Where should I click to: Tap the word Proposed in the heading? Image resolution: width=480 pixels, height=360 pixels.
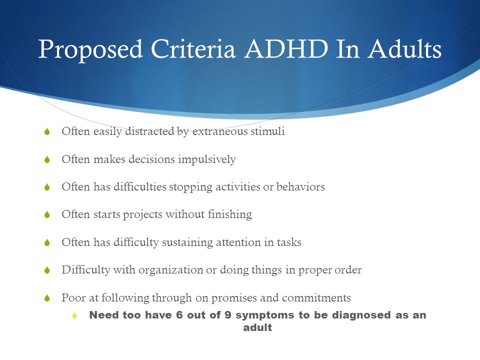click(x=90, y=50)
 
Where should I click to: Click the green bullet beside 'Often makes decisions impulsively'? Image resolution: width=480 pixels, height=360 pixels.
click(x=47, y=159)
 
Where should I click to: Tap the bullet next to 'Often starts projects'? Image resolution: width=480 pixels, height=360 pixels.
click(x=47, y=214)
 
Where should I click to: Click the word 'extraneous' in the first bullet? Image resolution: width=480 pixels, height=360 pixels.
click(x=220, y=131)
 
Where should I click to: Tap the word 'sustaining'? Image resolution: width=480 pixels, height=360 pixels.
click(x=187, y=242)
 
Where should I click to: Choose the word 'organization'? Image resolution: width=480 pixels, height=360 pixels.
click(x=170, y=270)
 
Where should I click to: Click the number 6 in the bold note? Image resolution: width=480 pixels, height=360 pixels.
click(x=179, y=315)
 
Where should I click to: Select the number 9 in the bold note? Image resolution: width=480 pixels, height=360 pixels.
click(x=228, y=315)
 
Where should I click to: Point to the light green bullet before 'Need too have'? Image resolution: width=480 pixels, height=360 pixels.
click(x=74, y=315)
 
